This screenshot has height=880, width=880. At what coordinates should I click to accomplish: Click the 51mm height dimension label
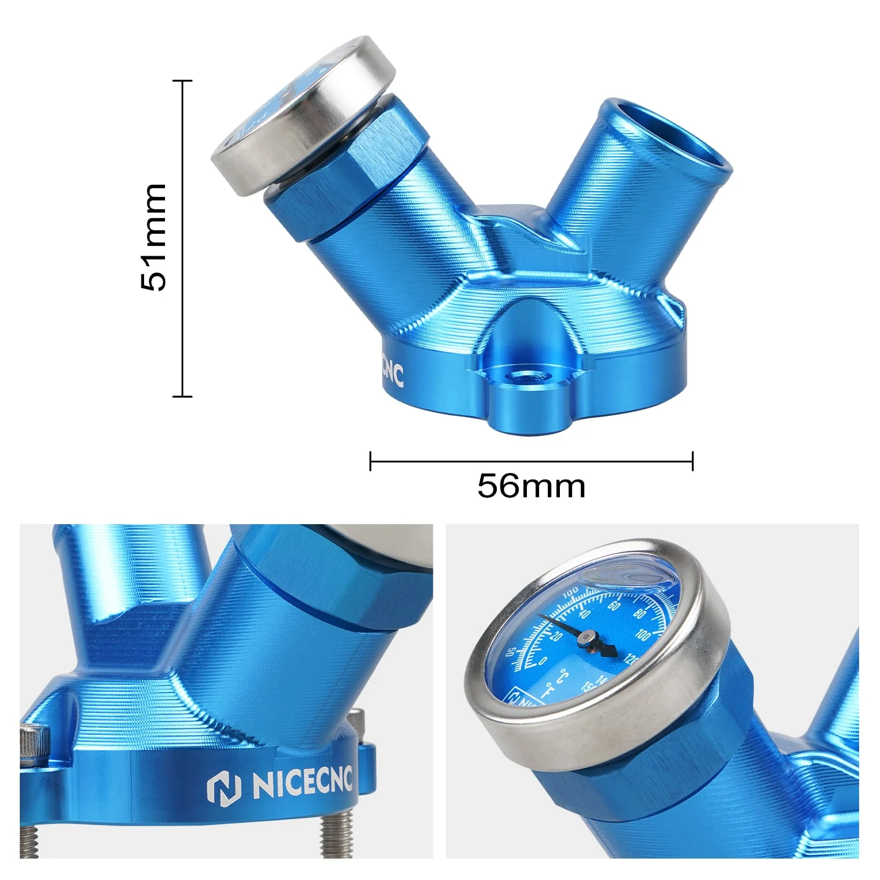click(x=153, y=238)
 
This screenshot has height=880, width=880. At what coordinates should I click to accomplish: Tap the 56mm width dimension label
click(x=531, y=485)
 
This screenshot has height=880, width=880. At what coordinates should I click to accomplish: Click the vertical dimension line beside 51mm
click(x=182, y=238)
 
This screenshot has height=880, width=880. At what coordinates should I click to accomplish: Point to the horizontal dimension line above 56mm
click(x=531, y=461)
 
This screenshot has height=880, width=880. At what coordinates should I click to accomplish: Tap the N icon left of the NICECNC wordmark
click(x=224, y=788)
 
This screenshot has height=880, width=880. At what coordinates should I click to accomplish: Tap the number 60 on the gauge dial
click(x=614, y=606)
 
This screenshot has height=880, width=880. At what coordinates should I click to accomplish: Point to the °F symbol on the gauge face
click(x=548, y=690)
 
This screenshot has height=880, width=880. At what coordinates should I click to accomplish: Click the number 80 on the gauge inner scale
click(x=639, y=614)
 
